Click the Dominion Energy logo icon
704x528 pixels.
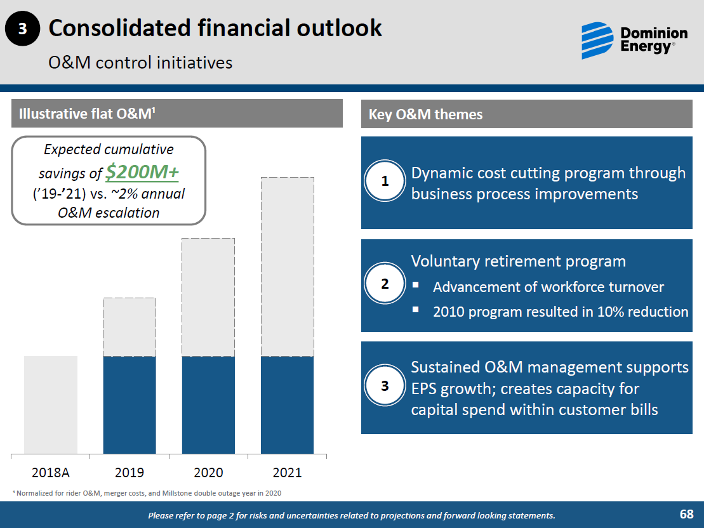[x=597, y=40]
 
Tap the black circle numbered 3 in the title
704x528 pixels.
[x=22, y=29]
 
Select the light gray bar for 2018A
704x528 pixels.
[x=51, y=405]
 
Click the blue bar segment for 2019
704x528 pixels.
[x=130, y=405]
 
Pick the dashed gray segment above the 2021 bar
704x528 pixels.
[x=287, y=267]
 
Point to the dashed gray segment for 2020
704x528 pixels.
[x=208, y=297]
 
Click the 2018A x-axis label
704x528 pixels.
[x=51, y=473]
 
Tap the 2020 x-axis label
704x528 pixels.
[x=208, y=473]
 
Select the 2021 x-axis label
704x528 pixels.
[x=287, y=473]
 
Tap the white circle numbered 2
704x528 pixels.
[x=385, y=284]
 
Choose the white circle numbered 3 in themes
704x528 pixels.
[x=385, y=386]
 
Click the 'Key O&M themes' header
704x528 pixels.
[x=425, y=114]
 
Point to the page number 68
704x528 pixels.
[x=686, y=514]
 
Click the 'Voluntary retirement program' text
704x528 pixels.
[x=518, y=261]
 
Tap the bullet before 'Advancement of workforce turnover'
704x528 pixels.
[x=416, y=286]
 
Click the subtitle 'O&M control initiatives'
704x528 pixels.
[x=140, y=63]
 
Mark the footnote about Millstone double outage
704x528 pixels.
[x=147, y=493]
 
